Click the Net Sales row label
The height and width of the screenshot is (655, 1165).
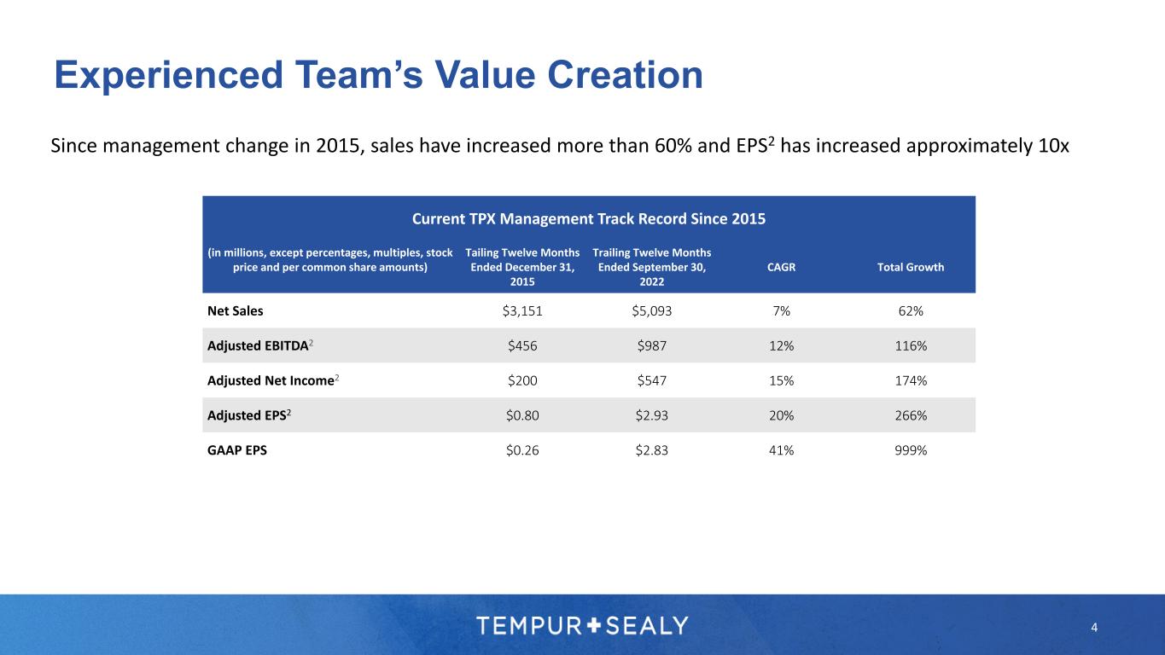tap(236, 311)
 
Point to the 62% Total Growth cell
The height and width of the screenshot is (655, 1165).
tap(911, 311)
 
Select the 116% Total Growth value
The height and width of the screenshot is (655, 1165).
tap(911, 345)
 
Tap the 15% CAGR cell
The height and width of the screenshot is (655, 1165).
tap(782, 380)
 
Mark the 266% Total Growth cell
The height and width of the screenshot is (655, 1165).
tap(911, 415)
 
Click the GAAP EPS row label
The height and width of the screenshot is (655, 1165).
tap(237, 450)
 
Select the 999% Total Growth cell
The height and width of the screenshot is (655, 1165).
tap(911, 450)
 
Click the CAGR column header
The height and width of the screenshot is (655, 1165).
tap(782, 267)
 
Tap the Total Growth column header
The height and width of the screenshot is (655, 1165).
tap(911, 267)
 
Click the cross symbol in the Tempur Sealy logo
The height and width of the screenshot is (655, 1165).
tap(595, 625)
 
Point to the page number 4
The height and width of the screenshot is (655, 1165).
tap(1094, 629)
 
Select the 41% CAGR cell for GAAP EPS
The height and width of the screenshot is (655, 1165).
tap(782, 450)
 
